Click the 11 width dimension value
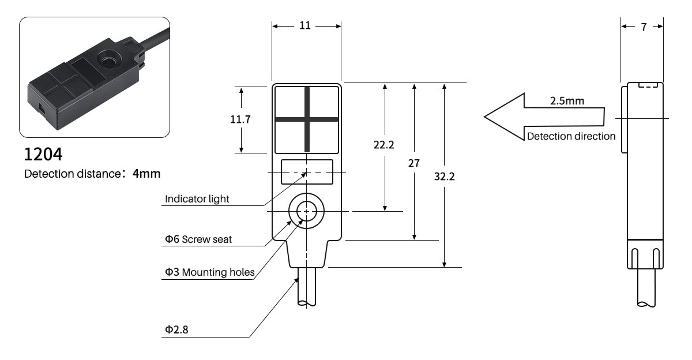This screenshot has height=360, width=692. point(306,26)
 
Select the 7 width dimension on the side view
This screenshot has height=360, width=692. point(643,27)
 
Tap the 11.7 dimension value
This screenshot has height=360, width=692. point(240,119)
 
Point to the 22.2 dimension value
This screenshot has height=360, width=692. point(383,145)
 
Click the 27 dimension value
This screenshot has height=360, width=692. point(413,163)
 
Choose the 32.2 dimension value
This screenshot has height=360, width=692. point(444,177)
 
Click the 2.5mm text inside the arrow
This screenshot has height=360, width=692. point(566,101)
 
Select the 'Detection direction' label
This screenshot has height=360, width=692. point(571,137)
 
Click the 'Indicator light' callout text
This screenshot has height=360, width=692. point(197,199)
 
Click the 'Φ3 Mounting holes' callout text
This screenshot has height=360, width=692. point(209,272)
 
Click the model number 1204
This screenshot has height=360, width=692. point(43,155)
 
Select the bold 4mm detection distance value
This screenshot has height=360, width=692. point(146,173)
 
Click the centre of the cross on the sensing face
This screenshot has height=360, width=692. point(306,119)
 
